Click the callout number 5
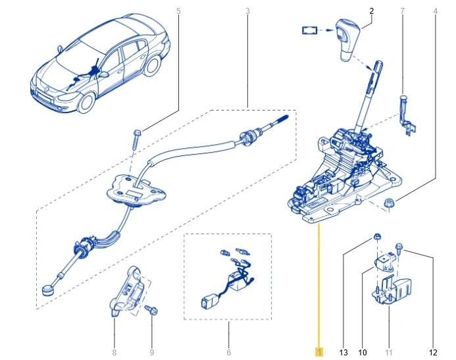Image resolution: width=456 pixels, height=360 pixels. point(178,11)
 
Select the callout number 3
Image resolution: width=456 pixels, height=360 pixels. point(247,11)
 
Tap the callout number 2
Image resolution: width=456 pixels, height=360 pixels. point(372,11)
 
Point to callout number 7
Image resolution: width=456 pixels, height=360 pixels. point(403,11)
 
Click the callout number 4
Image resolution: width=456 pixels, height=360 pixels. point(436,11)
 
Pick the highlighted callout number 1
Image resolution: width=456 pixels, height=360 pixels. point(319,353)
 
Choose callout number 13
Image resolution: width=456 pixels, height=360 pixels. point(343,353)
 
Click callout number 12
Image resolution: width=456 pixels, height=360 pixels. point(433,353)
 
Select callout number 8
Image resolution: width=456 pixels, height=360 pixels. point(114,353)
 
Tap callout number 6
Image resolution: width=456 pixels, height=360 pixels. point(228,353)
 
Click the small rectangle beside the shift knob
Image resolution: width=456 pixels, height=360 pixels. point(309,30)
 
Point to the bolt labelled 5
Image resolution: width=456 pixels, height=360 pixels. point(136,139)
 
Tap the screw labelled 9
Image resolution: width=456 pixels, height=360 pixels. point(152,309)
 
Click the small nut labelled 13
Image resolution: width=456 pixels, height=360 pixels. point(376,236)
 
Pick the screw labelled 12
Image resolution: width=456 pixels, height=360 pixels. point(398,248)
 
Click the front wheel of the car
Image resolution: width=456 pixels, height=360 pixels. point(87,103)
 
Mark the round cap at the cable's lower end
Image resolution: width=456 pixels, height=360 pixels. point(47,290)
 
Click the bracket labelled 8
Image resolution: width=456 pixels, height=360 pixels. point(126,291)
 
